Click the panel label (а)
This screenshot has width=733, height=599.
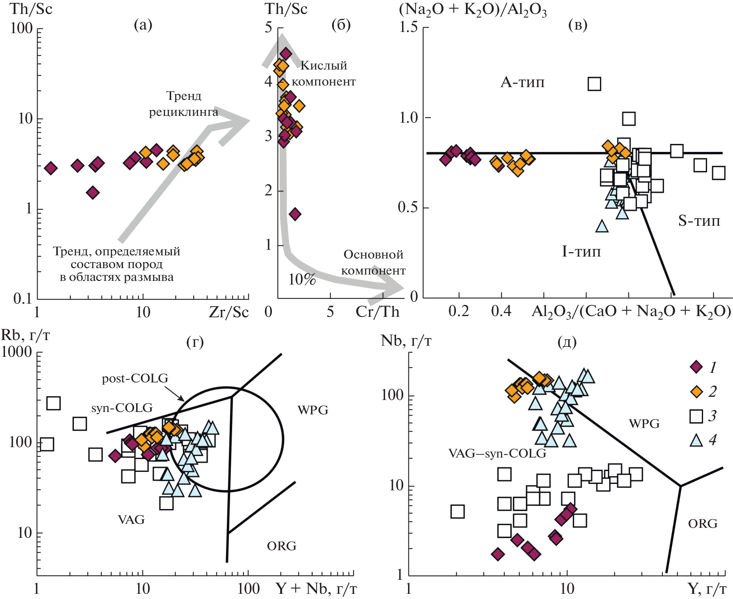coord(143,25)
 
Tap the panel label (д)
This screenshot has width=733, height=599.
coord(567,342)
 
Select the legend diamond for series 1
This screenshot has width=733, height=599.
coord(696,367)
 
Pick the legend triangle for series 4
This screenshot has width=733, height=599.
coord(696,440)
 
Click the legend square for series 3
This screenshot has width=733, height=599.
coord(696,416)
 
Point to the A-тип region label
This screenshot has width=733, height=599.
coord(523,82)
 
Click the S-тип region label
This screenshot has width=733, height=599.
coord(699,221)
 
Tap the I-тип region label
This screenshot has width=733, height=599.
coord(581,251)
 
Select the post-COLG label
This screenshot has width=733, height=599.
coord(135,378)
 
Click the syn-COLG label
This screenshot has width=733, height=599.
coord(122,408)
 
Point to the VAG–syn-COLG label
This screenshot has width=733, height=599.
coord(497,453)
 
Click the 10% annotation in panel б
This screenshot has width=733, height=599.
coord(302,279)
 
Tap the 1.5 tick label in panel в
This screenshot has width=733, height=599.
coord(408,27)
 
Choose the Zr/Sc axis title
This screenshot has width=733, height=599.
coord(229,312)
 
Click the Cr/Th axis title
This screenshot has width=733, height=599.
coord(377,312)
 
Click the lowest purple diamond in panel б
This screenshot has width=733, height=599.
coord(295,214)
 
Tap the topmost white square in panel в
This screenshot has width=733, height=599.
coord(594,84)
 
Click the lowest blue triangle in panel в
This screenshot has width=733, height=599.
coord(602,227)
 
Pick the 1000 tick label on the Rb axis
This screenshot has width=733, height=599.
coord(16,352)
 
